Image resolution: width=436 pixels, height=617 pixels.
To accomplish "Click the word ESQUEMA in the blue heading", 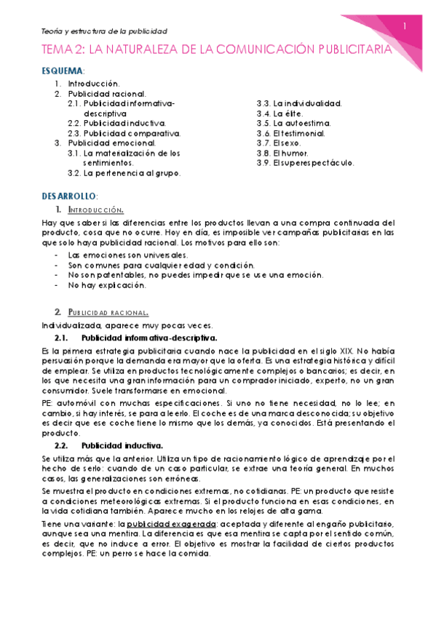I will click(62, 71).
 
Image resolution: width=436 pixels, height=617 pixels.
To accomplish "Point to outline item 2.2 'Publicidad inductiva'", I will click(116, 124).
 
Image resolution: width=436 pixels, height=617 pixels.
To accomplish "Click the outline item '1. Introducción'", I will click(93, 84).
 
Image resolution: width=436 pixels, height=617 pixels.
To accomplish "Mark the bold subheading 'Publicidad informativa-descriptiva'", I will click(148, 338).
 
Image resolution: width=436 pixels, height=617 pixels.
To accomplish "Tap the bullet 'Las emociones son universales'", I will click(116, 255).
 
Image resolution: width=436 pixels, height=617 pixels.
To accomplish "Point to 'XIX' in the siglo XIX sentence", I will click(341, 351).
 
